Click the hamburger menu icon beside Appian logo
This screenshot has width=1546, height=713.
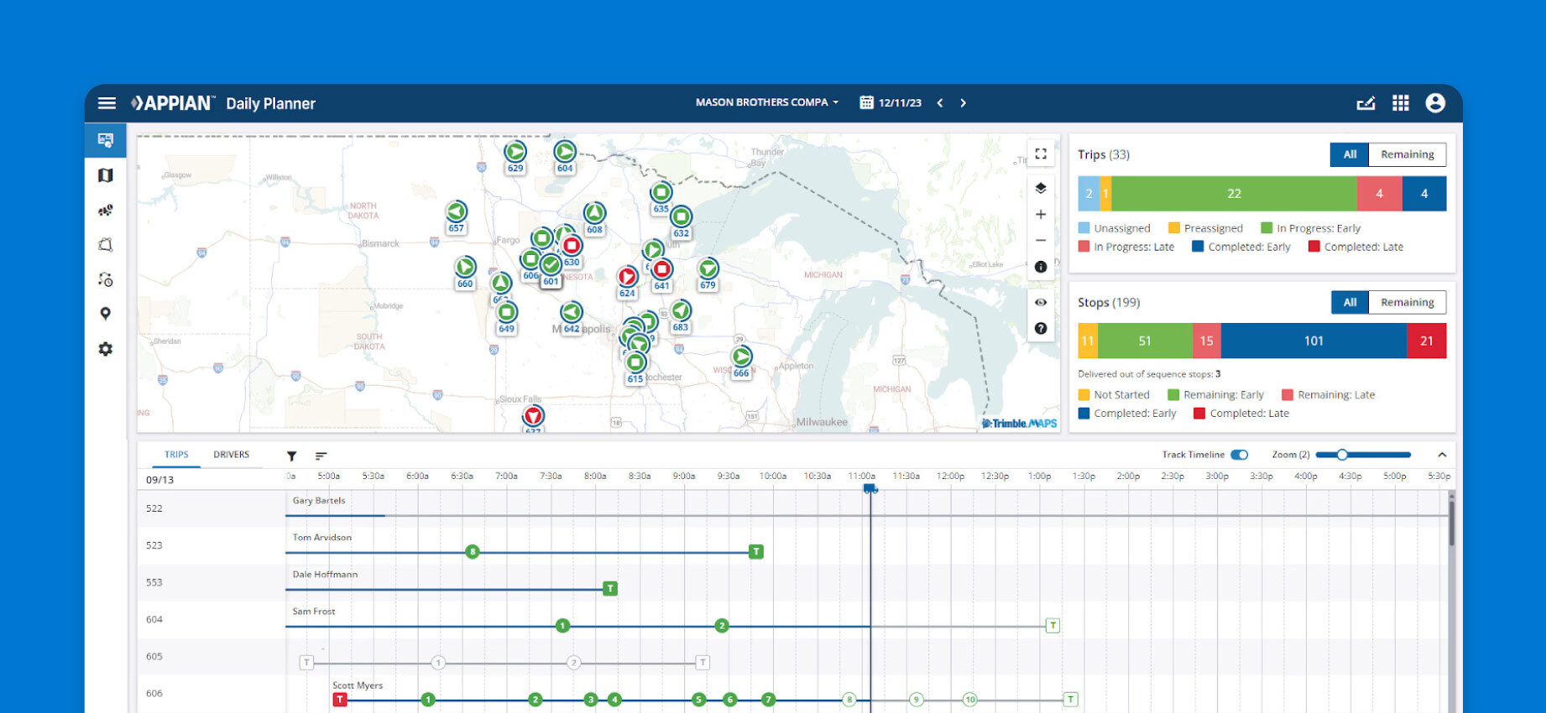[x=107, y=103]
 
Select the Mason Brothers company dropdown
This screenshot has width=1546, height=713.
[x=766, y=102]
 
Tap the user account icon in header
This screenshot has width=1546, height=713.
[x=1435, y=103]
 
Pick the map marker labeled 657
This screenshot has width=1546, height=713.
[x=456, y=213]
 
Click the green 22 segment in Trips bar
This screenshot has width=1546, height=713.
[x=1233, y=194]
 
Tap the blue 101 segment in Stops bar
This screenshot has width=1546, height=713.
[x=1313, y=341]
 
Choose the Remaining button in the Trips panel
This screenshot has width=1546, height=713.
[x=1407, y=154]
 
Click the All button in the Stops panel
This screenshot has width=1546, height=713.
[x=1350, y=303]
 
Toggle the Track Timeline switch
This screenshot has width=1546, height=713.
[x=1239, y=455]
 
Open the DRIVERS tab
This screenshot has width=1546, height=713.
[x=231, y=455]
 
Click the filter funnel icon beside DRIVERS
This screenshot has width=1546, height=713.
[x=291, y=456]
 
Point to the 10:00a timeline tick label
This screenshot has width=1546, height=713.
[x=772, y=476]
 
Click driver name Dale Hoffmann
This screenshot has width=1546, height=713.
[x=325, y=575]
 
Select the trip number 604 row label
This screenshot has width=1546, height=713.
[x=154, y=620]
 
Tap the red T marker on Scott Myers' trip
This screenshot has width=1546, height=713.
[x=340, y=700]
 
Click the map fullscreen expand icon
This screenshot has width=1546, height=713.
[x=1040, y=154]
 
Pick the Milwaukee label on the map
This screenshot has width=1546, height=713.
[x=821, y=422]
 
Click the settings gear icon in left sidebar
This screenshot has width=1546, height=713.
[x=106, y=349]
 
